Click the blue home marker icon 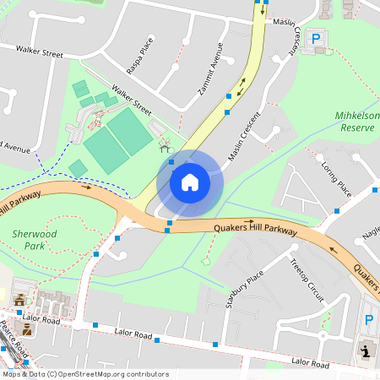click(x=190, y=182)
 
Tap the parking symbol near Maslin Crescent click(x=316, y=39)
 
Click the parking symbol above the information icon click(x=368, y=321)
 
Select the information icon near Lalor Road click(x=365, y=350)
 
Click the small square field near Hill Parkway click(x=78, y=169)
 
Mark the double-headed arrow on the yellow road click(x=242, y=86)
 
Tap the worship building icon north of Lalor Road click(x=19, y=300)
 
